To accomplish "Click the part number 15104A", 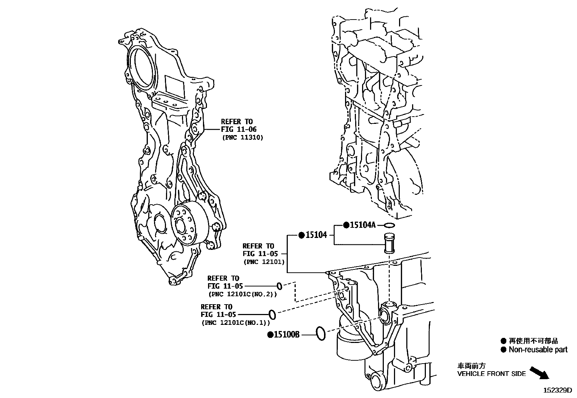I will (362, 225).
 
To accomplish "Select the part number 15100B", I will (286, 335).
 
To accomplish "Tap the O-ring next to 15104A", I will (389, 225).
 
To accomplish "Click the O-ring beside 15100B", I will (321, 333).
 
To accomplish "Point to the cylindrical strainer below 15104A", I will (389, 244).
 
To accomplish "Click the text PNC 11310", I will (242, 138).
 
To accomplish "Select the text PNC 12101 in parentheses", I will (264, 261).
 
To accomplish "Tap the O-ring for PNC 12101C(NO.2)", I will (279, 286).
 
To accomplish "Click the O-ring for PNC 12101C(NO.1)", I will (272, 314).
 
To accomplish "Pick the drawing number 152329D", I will (557, 390).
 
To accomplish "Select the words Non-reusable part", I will (538, 350).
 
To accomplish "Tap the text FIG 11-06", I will (239, 130).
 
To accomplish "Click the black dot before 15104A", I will (346, 225).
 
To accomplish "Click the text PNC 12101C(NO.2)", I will (242, 294).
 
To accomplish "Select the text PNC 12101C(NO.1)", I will (236, 323).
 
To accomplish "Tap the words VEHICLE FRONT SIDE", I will (491, 374).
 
